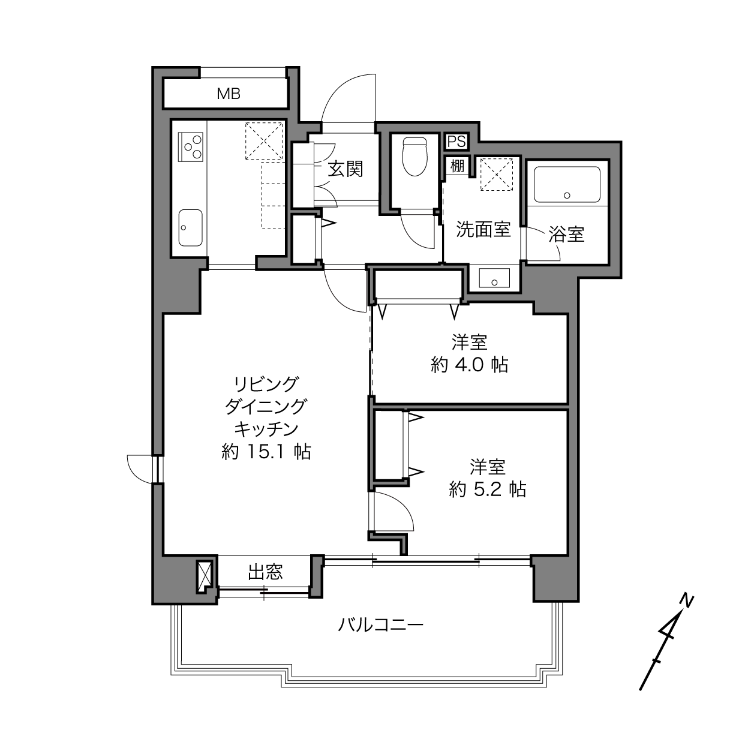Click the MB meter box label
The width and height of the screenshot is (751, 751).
pos(229,94)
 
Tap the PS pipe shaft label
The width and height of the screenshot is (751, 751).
pos(456,142)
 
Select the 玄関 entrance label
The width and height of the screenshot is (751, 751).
pos(346,169)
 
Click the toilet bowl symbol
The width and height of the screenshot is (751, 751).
pos(415,157)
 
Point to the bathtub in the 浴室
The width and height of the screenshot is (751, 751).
pos(567,184)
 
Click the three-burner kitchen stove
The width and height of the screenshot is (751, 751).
pos(190,147)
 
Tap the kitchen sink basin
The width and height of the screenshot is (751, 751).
pos(190,227)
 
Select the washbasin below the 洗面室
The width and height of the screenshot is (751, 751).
pos(494,278)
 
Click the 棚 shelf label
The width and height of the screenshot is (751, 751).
pos(457,166)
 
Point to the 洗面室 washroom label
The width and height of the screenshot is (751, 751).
pos(483,229)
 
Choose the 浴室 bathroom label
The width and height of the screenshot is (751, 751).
pos(566,234)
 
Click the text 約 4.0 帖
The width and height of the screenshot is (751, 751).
pos(469,365)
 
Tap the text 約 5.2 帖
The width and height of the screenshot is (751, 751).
pos(488,489)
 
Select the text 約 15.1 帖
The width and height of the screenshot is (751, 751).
pos(266,452)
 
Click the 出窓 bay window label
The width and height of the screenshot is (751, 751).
pos(265,572)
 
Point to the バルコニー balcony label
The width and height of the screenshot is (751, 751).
pos(380,626)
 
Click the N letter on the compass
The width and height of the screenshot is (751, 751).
pos(686,600)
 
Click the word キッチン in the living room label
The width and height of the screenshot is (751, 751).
pos(266,429)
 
